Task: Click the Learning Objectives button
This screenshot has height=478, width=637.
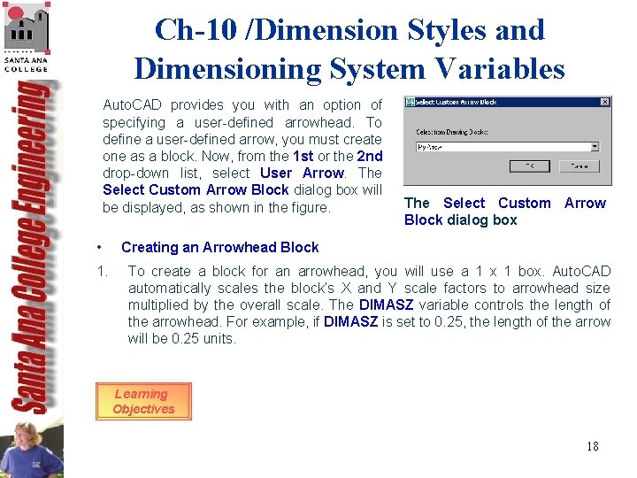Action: tap(143, 402)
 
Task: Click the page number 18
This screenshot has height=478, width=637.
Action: tap(592, 446)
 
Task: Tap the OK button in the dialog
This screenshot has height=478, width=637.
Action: tap(530, 166)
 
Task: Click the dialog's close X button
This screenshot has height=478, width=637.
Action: tap(604, 102)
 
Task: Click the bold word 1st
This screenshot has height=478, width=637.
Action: tap(303, 156)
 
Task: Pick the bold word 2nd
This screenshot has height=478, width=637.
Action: tap(370, 156)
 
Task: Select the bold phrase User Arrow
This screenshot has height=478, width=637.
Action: tap(302, 173)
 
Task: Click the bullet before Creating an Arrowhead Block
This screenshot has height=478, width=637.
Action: tap(103, 247)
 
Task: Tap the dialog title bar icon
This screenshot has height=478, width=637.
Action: tap(410, 102)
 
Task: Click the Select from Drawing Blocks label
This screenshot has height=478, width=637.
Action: tap(451, 132)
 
